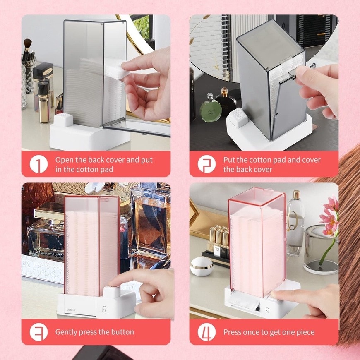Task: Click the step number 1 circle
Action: tap(38, 164)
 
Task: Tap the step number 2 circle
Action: tap(206, 164)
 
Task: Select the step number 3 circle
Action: tap(38, 332)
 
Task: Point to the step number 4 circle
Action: tap(206, 332)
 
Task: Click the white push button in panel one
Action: tap(63, 120)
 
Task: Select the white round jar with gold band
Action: tap(202, 266)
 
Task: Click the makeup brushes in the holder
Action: tap(28, 50)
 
